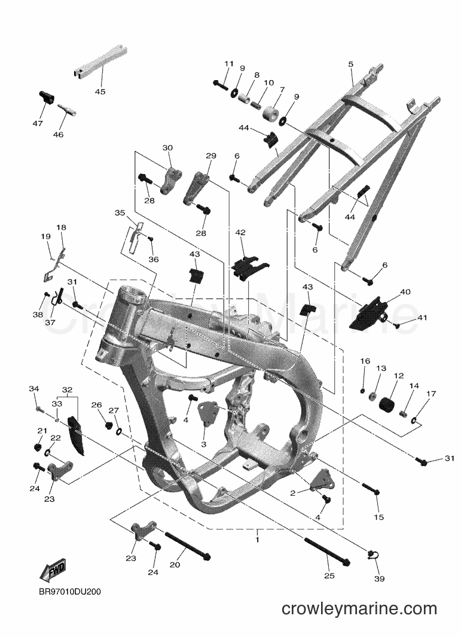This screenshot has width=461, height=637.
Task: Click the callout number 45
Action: pos(100,92)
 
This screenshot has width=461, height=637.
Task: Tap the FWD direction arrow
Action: pos(53,571)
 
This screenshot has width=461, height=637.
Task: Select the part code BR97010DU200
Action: pos(70,592)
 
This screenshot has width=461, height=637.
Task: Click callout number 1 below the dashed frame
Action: pos(257,540)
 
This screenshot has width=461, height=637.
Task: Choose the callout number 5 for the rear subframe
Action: pos(351,64)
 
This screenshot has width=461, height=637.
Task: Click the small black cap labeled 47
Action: pos(47,98)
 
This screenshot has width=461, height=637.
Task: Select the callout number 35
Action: pos(120,212)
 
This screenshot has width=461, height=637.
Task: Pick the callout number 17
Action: pos(431,394)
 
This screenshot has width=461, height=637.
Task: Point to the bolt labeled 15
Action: pos(371,489)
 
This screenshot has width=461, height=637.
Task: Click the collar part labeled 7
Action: pos(271,112)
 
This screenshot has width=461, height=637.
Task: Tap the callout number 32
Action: pos(67,389)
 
